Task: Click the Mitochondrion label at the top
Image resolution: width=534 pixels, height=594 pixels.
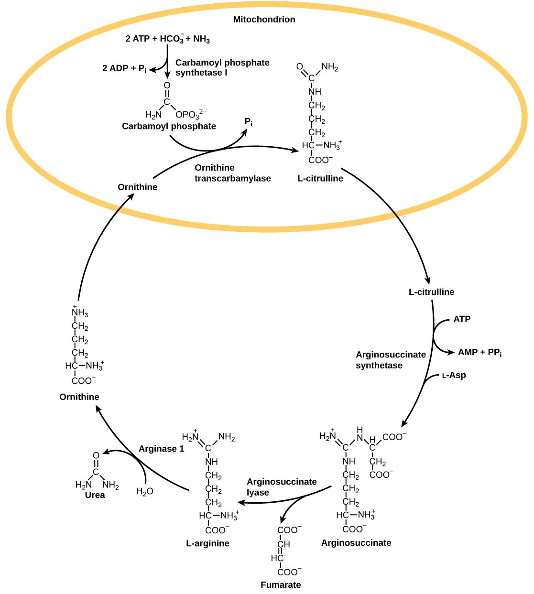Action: [x=264, y=20]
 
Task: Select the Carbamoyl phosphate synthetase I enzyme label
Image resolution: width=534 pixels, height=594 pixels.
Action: [x=222, y=67]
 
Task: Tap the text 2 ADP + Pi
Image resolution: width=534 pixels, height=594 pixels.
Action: [x=124, y=68]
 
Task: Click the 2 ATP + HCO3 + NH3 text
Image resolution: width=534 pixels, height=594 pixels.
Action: [x=167, y=39]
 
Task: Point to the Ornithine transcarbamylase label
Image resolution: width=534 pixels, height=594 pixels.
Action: [x=232, y=173]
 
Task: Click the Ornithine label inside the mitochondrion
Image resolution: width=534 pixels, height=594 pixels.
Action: [x=137, y=187]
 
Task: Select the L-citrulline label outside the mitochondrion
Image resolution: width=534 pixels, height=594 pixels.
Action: [x=431, y=292]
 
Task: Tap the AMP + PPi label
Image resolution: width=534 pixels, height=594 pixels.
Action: [x=480, y=352]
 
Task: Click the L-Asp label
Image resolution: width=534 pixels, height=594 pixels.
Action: [x=454, y=375]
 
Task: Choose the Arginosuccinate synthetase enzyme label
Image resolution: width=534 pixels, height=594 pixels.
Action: [x=390, y=360]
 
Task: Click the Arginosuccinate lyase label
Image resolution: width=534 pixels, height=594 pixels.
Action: [x=281, y=487]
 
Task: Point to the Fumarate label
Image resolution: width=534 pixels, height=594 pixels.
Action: [x=281, y=584]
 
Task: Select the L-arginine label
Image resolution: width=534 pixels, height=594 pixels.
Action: [x=207, y=543]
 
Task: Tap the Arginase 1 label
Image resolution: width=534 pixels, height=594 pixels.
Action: [x=161, y=449]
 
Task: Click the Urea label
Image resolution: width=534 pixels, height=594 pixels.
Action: [x=95, y=495]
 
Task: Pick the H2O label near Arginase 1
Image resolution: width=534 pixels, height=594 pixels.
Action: [x=144, y=491]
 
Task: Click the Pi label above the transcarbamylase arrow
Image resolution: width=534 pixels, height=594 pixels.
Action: [x=249, y=122]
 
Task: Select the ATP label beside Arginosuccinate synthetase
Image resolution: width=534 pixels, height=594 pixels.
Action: [x=462, y=319]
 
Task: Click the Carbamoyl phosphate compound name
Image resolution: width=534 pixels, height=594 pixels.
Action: [x=169, y=126]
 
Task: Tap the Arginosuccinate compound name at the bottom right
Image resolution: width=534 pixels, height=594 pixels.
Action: [x=356, y=543]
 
